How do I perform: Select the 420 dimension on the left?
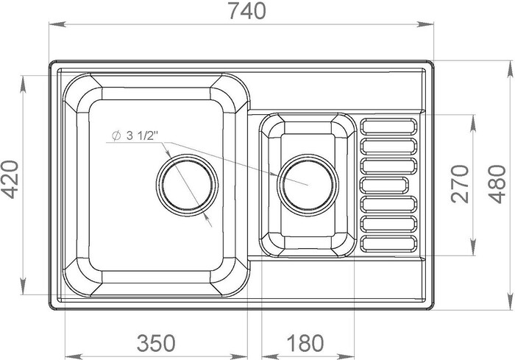pyautogui.click(x=10, y=180)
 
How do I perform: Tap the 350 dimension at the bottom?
pyautogui.click(x=156, y=343)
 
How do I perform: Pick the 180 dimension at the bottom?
pyautogui.click(x=305, y=343)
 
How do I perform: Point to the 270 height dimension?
pyautogui.click(x=460, y=184)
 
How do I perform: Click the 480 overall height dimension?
pyautogui.click(x=497, y=184)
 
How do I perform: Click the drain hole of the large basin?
pyautogui.click(x=187, y=185)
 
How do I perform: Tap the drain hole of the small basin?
pyautogui.click(x=308, y=185)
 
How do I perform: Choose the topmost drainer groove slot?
pyautogui.click(x=388, y=127)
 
